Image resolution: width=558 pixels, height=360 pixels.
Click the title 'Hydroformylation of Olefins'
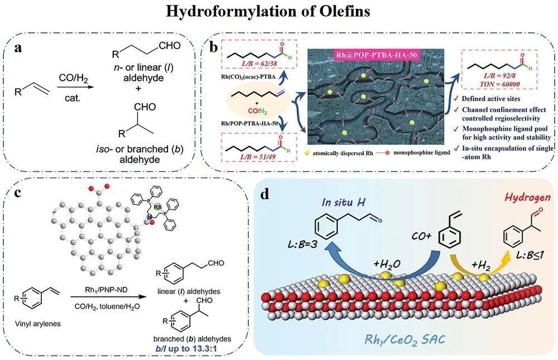(278, 12)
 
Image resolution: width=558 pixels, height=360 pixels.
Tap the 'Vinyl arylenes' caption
(35, 322)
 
